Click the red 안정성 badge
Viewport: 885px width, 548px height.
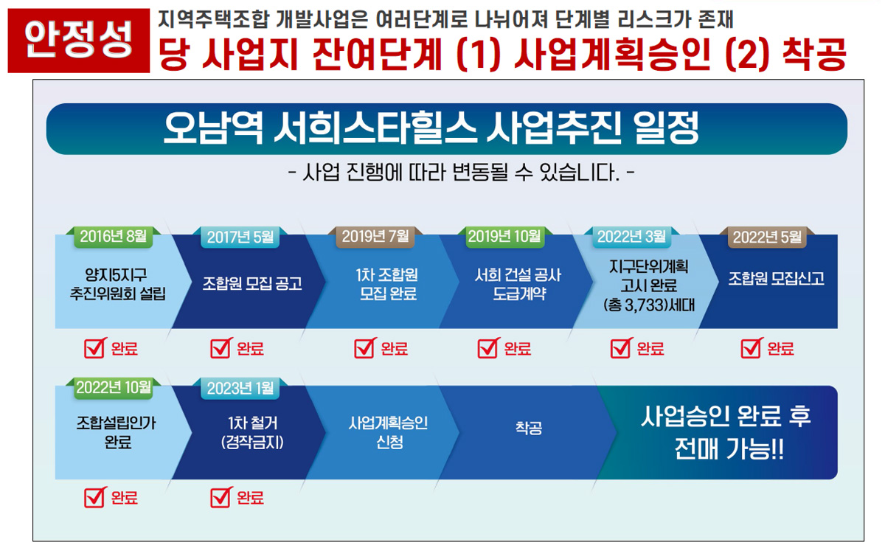79,41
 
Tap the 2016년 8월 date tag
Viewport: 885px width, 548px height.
114,237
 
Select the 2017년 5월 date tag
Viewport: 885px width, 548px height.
240,237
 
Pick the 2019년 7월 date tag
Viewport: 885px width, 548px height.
375,237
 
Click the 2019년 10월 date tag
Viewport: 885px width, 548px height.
504,237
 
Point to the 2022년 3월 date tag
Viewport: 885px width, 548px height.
631,237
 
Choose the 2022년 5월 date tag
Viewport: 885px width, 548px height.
767,237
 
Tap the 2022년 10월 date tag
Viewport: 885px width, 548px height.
114,388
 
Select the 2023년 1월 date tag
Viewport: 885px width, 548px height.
240,389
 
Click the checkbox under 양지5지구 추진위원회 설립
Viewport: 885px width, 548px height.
95,348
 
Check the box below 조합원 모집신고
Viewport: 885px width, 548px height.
752,348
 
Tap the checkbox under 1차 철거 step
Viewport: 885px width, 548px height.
221,497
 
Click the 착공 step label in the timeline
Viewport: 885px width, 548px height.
529,428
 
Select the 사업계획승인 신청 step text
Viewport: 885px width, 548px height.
389,433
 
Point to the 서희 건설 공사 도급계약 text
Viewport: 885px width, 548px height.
518,284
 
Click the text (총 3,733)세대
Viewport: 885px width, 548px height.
649,305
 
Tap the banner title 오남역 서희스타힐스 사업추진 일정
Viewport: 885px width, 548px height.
431,128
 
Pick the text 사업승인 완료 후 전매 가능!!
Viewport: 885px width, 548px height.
726,433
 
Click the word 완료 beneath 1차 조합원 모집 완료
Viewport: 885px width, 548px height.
395,349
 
